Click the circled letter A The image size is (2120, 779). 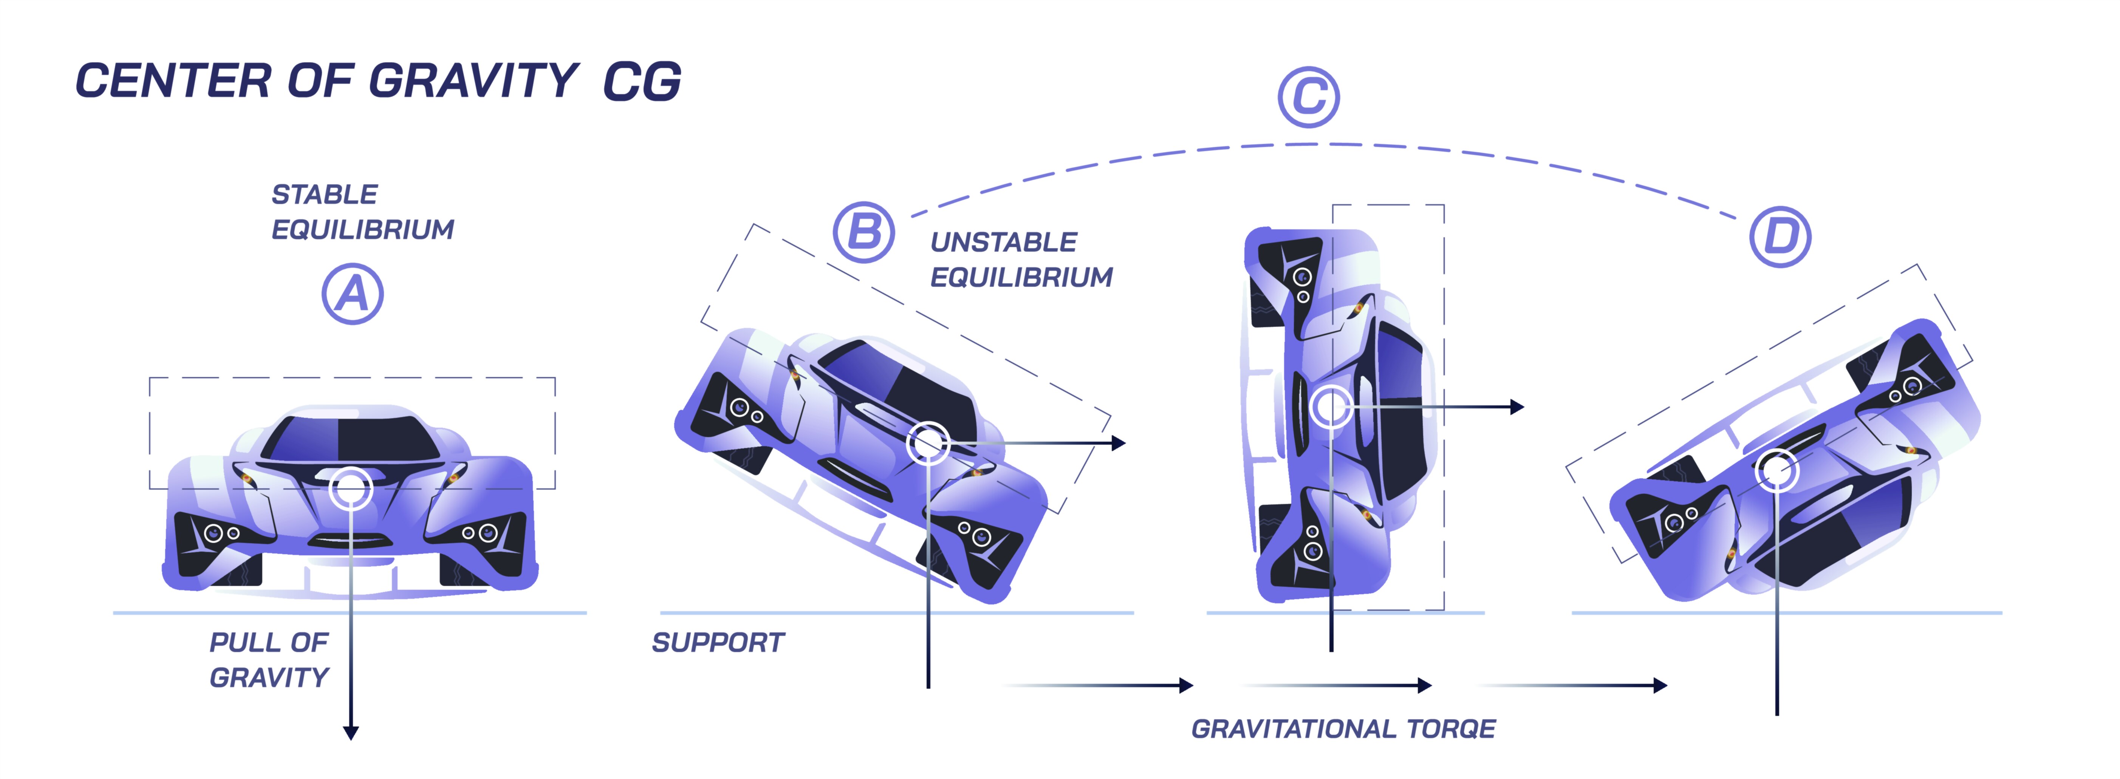pyautogui.click(x=352, y=294)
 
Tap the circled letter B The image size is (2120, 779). pyautogui.click(x=863, y=232)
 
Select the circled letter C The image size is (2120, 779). pyautogui.click(x=1309, y=97)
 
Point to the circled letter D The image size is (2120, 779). pyautogui.click(x=1780, y=237)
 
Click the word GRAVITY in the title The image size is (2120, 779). pyautogui.click(x=473, y=80)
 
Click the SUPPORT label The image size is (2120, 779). pyautogui.click(x=718, y=643)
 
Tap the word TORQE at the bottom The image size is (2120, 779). pyautogui.click(x=1451, y=729)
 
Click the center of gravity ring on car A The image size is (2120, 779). pyautogui.click(x=351, y=488)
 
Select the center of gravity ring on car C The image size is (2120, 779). pyautogui.click(x=1330, y=407)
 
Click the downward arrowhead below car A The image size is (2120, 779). pyautogui.click(x=351, y=732)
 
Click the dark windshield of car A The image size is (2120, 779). pyautogui.click(x=354, y=439)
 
